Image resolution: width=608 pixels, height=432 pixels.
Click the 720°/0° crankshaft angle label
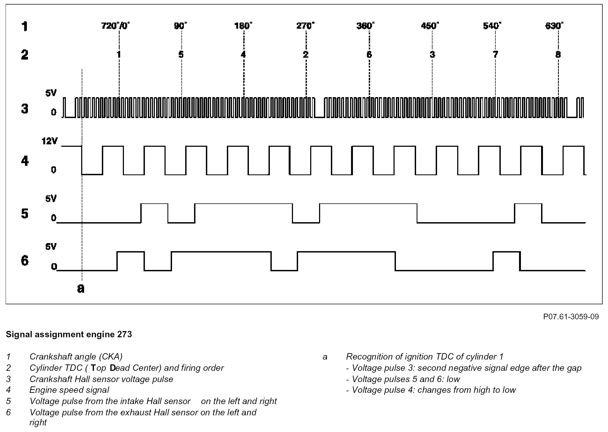click(x=115, y=26)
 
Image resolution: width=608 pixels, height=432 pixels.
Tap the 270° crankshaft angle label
click(x=305, y=26)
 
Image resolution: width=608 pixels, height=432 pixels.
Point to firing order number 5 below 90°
click(x=181, y=55)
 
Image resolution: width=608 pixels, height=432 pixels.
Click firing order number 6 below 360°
click(x=369, y=55)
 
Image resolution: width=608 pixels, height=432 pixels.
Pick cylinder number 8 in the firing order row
click(x=558, y=55)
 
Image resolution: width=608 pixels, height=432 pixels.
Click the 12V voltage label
click(x=49, y=141)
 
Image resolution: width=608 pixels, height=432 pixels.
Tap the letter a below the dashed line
click(x=81, y=288)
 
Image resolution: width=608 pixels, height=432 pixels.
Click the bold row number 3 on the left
click(x=25, y=109)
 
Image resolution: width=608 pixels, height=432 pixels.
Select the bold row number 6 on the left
click(x=25, y=261)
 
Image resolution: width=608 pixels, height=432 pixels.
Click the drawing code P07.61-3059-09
click(x=571, y=317)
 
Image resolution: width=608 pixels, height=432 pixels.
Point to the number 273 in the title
click(x=124, y=334)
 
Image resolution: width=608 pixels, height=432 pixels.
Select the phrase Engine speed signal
click(x=69, y=390)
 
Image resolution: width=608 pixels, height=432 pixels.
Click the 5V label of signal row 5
click(x=51, y=199)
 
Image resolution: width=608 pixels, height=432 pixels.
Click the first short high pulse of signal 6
click(x=131, y=261)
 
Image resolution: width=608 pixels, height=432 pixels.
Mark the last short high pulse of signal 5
click(x=528, y=213)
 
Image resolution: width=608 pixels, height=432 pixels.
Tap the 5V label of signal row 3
click(x=51, y=93)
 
